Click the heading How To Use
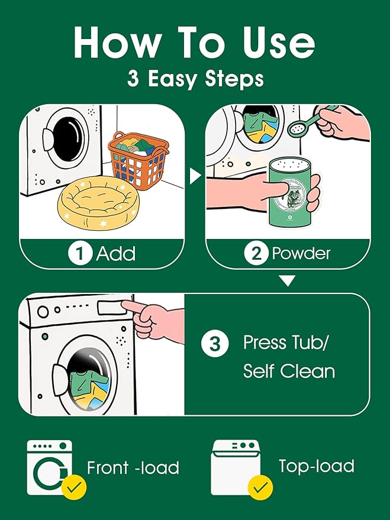[195, 42]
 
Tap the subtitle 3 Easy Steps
[195, 79]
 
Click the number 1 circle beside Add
[80, 254]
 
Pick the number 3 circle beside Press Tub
[215, 343]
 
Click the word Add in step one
[116, 254]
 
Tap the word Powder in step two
[301, 254]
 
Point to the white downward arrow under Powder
[288, 281]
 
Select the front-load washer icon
[49, 467]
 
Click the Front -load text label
[133, 468]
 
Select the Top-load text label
[317, 466]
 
